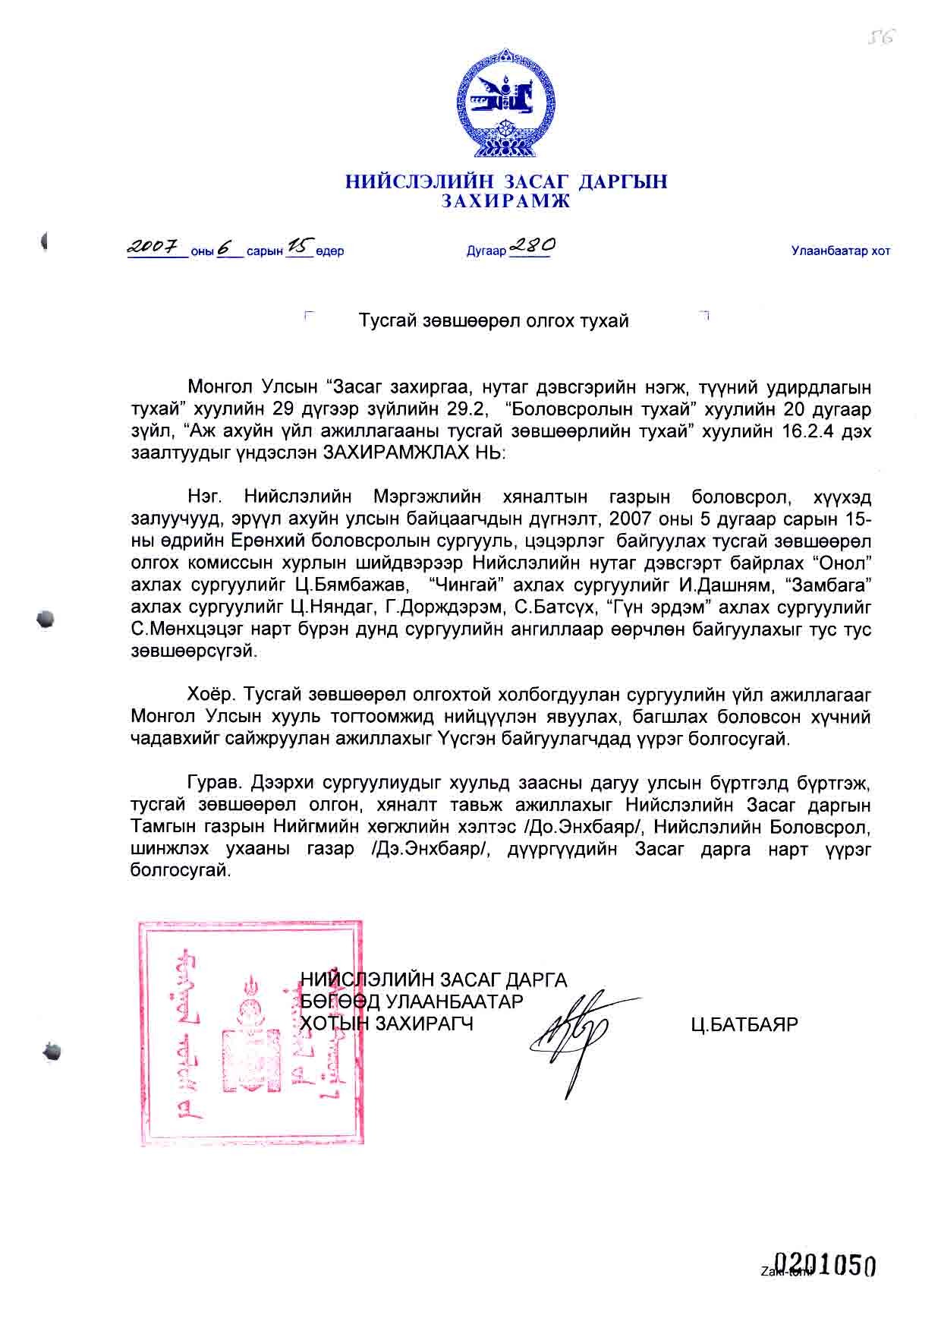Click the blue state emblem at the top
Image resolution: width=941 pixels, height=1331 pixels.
click(x=505, y=103)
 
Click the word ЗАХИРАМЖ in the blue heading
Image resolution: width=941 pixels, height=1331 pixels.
click(x=505, y=201)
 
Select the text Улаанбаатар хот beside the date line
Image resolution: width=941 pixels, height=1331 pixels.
click(x=840, y=251)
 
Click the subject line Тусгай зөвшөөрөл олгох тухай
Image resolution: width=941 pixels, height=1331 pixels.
click(x=494, y=320)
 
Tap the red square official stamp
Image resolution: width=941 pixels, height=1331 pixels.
click(x=250, y=1032)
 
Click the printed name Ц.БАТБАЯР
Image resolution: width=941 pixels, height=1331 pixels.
click(x=744, y=1024)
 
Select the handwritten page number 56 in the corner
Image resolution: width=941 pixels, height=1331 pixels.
click(x=883, y=36)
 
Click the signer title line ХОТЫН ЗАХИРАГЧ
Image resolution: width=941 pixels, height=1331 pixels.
click(x=387, y=1023)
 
